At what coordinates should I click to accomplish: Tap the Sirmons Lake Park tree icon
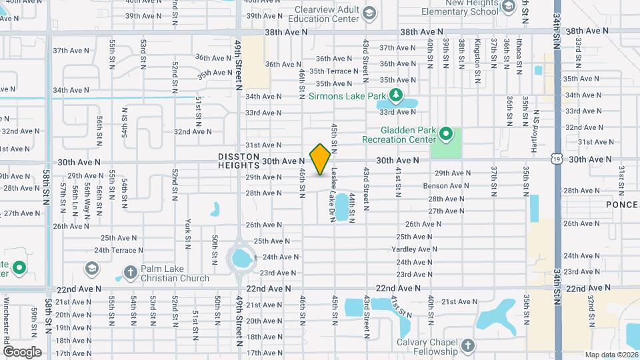pos(396,95)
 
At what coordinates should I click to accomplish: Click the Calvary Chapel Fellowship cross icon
pos(467,346)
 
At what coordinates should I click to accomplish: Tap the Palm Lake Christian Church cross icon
pos(129,272)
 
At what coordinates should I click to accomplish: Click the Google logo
pos(22,351)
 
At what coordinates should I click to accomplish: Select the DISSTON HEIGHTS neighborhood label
pos(238,161)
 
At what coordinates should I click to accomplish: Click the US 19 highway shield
pos(557,159)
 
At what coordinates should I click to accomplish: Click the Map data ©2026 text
pos(611,355)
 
